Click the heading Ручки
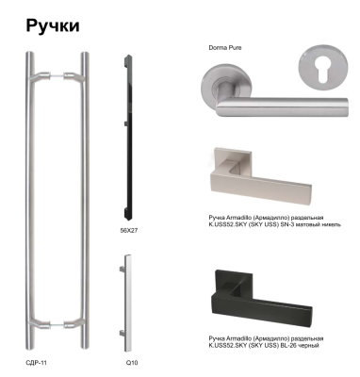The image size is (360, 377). (53, 26)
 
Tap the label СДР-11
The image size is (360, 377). (36, 363)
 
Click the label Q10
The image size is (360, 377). (132, 363)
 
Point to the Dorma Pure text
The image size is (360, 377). (225, 48)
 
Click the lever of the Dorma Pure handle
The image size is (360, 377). (283, 106)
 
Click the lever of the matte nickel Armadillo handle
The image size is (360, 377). (261, 187)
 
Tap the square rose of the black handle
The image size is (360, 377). (233, 283)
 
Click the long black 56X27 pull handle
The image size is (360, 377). (128, 137)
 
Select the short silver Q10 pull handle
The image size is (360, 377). (127, 303)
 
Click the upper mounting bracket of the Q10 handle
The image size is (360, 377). (122, 269)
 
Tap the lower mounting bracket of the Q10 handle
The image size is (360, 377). (122, 333)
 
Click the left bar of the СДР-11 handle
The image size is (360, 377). (29, 200)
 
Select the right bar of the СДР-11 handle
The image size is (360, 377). (85, 200)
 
